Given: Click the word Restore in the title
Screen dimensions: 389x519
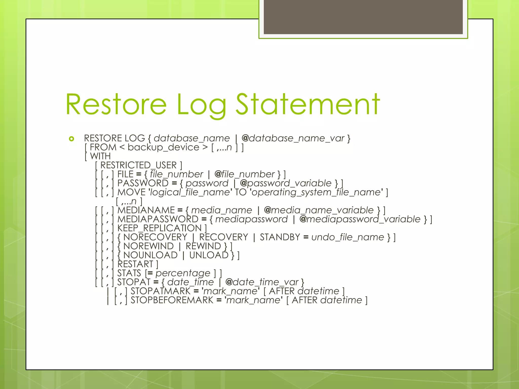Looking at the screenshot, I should click(x=116, y=104).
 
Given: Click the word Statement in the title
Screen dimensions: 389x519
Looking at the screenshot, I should click(x=308, y=104).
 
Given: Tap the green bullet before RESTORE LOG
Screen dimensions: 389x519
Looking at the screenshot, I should click(x=71, y=139).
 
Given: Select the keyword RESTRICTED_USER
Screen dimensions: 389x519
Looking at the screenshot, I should click(x=138, y=165).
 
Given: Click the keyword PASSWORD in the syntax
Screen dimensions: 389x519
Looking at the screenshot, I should click(x=143, y=183).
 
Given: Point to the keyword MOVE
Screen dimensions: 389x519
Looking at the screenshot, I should click(x=131, y=192).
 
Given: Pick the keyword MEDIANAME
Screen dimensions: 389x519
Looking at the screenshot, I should click(x=146, y=210).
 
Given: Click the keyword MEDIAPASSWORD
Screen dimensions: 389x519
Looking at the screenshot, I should click(x=158, y=219).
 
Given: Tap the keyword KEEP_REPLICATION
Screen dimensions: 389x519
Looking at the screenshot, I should click(x=159, y=228).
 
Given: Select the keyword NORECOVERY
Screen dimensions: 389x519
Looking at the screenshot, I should click(x=155, y=237).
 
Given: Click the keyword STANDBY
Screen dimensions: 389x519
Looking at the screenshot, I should click(x=280, y=237).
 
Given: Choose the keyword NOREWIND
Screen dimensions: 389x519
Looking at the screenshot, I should click(x=148, y=246).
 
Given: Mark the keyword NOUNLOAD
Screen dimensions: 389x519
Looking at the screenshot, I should click(x=150, y=255).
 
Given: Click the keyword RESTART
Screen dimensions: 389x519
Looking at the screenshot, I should click(x=135, y=264).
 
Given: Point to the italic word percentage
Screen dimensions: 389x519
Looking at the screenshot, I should click(x=183, y=273).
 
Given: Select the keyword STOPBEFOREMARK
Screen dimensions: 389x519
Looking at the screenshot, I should click(x=172, y=300).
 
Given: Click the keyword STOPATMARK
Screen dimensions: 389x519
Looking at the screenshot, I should click(x=160, y=291).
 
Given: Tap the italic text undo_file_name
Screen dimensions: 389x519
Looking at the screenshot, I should click(x=348, y=237).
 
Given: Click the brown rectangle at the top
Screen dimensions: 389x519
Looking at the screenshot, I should click(x=363, y=17).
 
